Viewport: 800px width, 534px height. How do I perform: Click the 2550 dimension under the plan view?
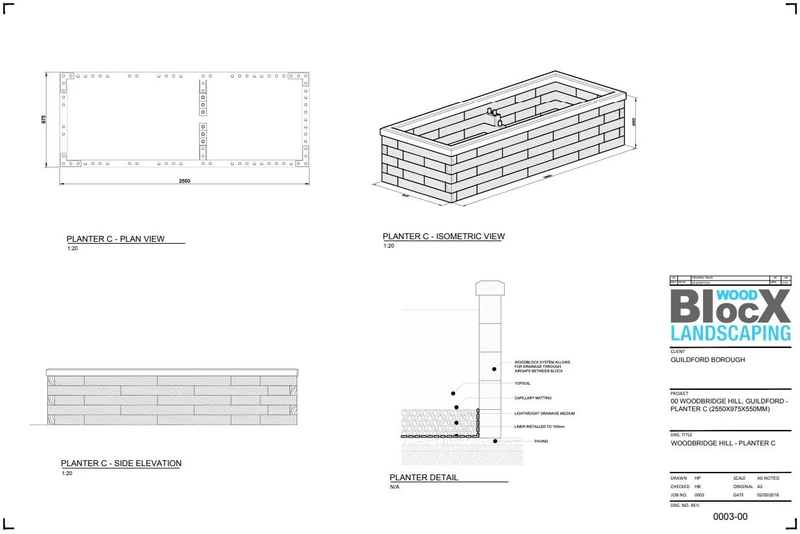coord(185,181)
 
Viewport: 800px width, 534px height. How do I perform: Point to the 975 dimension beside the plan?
coord(44,120)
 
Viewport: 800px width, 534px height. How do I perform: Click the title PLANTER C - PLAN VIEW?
coord(116,239)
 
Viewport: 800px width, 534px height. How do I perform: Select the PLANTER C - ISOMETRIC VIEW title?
coord(443,237)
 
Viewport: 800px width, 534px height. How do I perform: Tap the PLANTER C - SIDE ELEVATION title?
coord(121,464)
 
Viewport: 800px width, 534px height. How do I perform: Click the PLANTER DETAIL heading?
coord(423,478)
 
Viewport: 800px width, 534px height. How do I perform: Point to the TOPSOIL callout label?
coord(523,383)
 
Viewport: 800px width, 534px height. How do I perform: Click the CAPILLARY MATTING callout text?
coord(532,398)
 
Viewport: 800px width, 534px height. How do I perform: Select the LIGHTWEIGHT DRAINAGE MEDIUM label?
coord(544,413)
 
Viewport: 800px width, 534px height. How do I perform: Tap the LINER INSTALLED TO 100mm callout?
coord(540,427)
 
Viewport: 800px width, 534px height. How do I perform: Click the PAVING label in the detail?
coord(541,442)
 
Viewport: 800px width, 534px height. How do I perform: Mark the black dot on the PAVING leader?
coord(495,442)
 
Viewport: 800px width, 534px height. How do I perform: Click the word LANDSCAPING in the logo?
coord(730,333)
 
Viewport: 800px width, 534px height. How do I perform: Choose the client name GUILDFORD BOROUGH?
coord(708,359)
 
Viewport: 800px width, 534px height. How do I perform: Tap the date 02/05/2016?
coord(768,495)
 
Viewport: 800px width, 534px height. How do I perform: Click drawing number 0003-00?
coord(730,517)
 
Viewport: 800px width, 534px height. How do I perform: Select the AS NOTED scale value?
coord(768,478)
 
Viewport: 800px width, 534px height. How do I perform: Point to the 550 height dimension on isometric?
coord(635,122)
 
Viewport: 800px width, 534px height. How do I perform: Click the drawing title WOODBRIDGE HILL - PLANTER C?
coord(722,443)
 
